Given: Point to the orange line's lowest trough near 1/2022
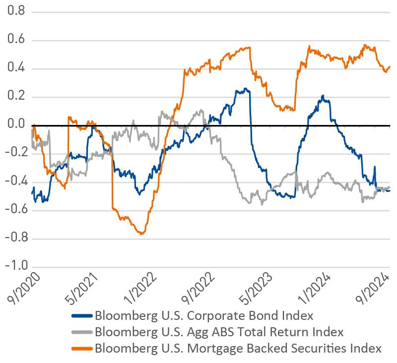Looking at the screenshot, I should pyautogui.click(x=142, y=233).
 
